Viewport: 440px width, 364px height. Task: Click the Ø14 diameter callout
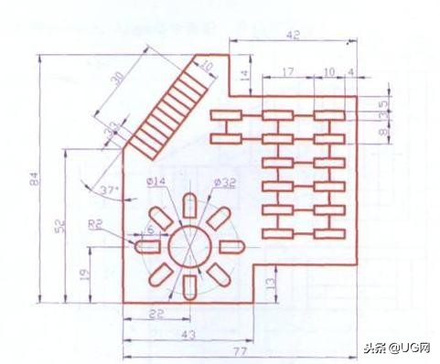coord(155,183)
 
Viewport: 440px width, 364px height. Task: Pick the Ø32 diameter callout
coord(225,183)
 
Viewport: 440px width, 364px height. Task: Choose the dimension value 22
coord(156,314)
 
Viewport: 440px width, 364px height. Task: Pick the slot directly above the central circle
coord(188,208)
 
